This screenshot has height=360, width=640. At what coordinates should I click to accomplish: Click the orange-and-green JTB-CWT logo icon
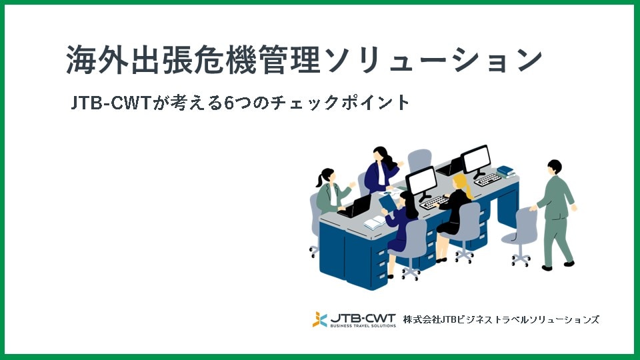(x=320, y=319)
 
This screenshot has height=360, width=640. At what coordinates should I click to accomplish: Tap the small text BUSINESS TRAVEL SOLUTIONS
(x=363, y=325)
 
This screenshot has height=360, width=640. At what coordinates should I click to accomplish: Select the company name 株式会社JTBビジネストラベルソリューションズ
(x=501, y=319)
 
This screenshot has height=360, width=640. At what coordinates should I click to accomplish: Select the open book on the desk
(x=374, y=223)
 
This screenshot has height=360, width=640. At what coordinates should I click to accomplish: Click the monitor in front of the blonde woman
(x=421, y=180)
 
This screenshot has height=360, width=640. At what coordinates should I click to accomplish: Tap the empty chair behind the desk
(x=419, y=160)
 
